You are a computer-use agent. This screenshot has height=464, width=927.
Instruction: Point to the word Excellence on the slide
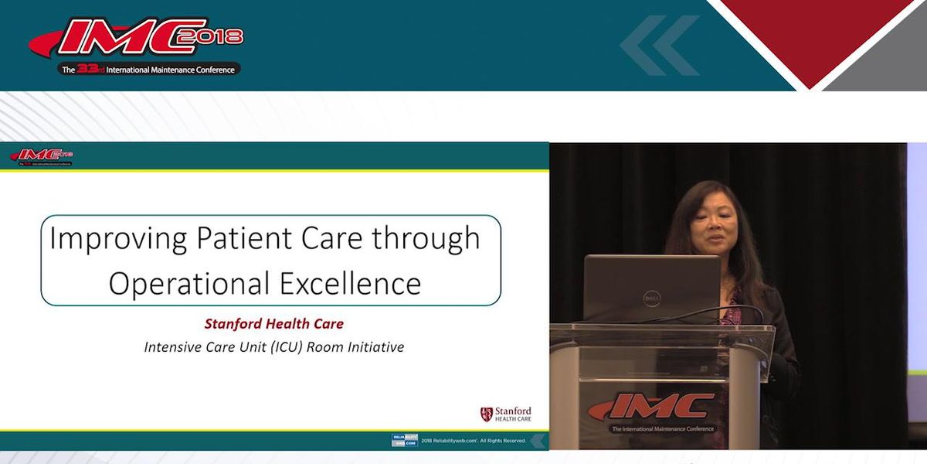(x=349, y=284)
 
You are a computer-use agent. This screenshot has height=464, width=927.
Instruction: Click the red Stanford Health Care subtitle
(x=273, y=324)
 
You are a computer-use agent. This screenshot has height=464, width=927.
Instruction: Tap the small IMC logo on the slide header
(x=42, y=155)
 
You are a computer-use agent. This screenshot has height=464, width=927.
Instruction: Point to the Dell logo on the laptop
(x=650, y=296)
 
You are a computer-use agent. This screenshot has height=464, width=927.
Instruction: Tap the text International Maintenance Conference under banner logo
(x=166, y=69)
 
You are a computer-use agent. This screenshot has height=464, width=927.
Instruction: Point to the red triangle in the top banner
(x=810, y=35)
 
